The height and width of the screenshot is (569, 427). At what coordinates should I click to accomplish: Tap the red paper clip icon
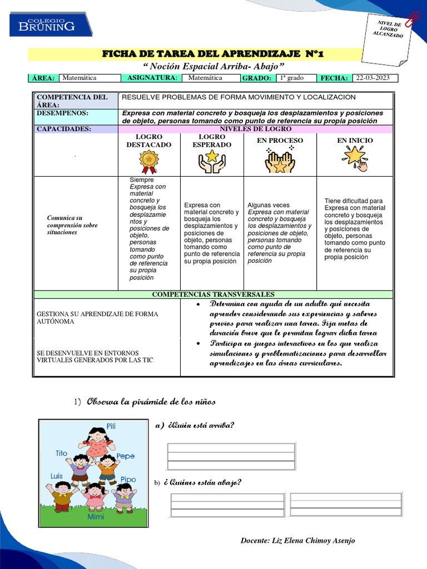[413, 18]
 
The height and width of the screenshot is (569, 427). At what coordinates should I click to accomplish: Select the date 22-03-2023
[374, 78]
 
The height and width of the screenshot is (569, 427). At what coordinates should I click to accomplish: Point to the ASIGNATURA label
[152, 78]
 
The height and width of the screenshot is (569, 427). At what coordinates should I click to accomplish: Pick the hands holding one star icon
[212, 161]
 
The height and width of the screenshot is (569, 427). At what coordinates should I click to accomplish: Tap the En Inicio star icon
[355, 158]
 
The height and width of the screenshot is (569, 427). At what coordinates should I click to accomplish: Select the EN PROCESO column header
[280, 141]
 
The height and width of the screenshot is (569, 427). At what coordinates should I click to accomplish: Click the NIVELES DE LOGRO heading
[255, 129]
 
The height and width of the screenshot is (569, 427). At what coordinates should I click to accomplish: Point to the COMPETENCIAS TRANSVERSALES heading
[213, 294]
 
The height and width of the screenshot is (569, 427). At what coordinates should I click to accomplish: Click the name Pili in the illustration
[111, 426]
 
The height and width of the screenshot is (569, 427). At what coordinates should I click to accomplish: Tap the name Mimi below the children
[95, 517]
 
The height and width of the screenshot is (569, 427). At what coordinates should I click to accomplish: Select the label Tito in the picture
[61, 453]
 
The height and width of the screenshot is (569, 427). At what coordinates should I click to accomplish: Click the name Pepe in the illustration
[126, 456]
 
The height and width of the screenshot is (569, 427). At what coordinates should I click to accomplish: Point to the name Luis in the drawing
[56, 476]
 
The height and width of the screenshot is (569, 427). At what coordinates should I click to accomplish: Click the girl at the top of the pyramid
[97, 441]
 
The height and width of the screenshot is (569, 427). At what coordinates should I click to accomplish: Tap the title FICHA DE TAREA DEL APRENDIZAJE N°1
[212, 54]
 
